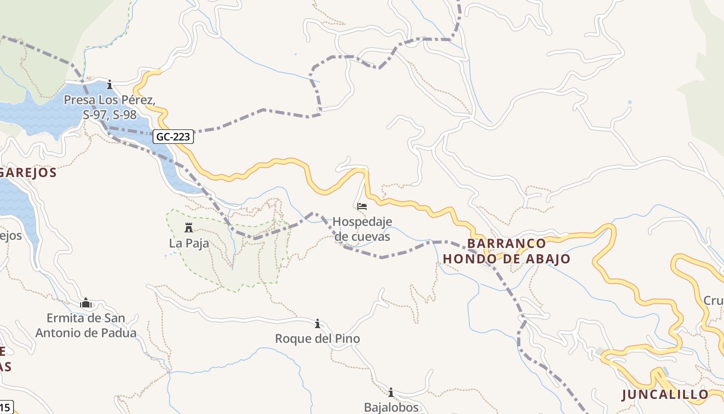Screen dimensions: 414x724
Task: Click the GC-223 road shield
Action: (173, 137)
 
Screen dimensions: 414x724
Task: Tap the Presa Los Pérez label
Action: (110, 107)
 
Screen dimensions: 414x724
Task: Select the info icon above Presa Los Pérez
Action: (110, 84)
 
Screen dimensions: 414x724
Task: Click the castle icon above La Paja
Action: (189, 228)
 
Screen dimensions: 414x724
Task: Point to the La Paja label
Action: (189, 243)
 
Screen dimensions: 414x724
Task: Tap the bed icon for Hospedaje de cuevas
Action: (362, 206)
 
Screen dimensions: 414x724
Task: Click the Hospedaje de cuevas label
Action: (362, 229)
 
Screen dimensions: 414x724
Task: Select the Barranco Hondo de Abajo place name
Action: (506, 251)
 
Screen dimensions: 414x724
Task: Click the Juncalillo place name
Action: (665, 394)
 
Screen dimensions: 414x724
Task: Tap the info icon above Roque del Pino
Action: (317, 324)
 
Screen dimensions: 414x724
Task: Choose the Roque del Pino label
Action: (317, 339)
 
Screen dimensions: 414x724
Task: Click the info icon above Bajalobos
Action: (391, 392)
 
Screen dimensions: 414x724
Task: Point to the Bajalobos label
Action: (391, 407)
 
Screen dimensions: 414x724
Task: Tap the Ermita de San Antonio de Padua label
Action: (86, 326)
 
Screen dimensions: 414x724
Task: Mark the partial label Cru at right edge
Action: (713, 301)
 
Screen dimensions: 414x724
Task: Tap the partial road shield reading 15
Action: (5, 407)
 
